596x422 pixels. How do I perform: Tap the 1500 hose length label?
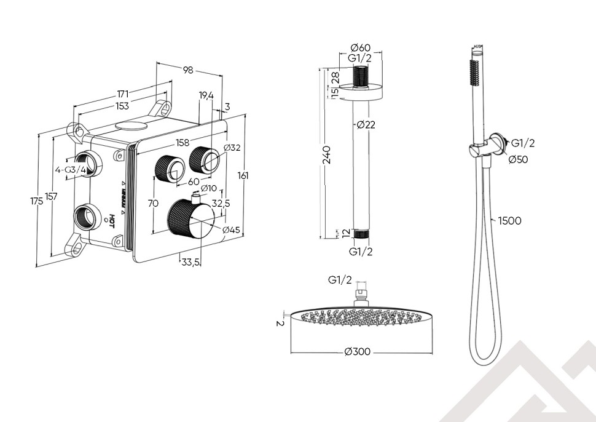pos(509,221)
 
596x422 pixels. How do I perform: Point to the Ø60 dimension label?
pos(360,48)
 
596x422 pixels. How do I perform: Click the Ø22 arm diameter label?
pos(366,125)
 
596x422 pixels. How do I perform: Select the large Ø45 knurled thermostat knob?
pos(190,220)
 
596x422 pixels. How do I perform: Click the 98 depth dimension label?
pos(188,70)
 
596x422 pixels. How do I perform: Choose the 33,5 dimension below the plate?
pos(190,262)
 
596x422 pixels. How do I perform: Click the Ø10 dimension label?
pos(208,188)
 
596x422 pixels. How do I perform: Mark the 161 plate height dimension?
pos(243,176)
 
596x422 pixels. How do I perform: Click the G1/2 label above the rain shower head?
pos(340,280)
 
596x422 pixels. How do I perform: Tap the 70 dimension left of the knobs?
pos(153,203)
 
